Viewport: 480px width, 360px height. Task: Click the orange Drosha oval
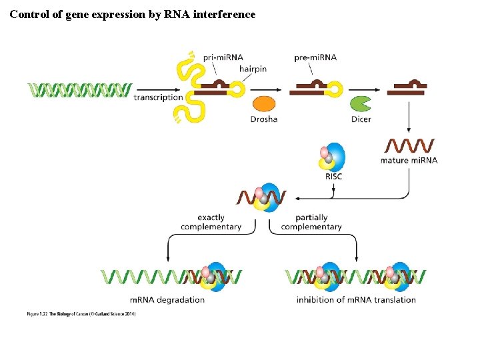click(264, 104)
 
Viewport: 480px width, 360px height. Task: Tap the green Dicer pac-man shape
click(361, 104)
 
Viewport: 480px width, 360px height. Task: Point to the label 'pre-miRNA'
click(315, 57)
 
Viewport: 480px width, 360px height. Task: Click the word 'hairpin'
click(253, 69)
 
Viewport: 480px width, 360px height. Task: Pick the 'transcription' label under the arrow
click(158, 97)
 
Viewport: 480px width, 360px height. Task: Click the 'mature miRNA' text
click(409, 161)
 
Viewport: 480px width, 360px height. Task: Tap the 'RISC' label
click(333, 177)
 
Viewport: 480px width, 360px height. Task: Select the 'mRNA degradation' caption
click(167, 299)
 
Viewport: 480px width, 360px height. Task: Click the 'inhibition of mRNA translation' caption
click(356, 299)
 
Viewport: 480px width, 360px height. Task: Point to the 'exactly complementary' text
click(211, 222)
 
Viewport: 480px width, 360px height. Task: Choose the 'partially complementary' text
click(311, 222)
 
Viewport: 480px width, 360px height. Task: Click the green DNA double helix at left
click(79, 90)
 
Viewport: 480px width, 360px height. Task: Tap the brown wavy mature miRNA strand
click(409, 145)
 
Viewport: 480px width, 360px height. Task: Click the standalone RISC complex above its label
click(332, 157)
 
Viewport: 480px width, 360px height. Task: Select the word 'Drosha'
click(263, 119)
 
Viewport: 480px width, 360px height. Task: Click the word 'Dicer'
click(361, 119)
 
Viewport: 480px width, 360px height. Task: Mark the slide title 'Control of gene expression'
click(132, 13)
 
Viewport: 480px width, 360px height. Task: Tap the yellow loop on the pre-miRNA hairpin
click(337, 89)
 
